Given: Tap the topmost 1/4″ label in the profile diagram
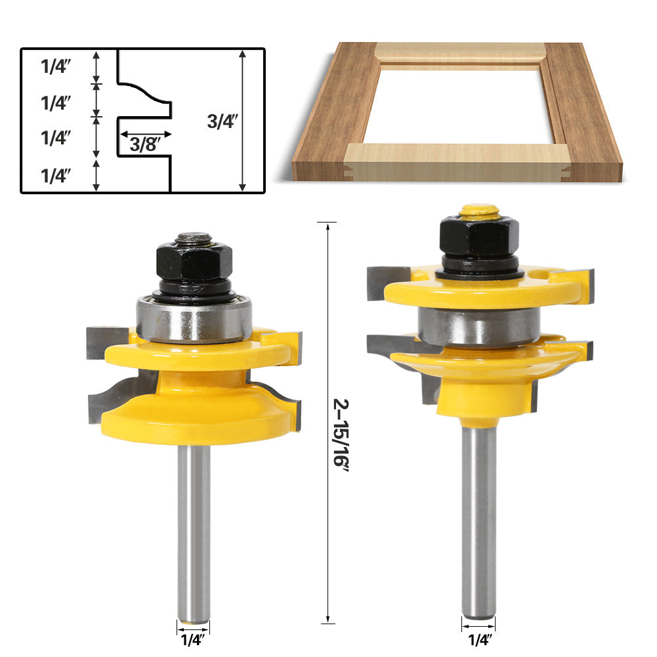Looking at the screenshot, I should tap(56, 66).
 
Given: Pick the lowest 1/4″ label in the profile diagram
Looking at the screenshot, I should tap(56, 176).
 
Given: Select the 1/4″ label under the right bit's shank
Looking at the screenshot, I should tap(478, 637).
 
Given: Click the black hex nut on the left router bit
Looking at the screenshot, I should tap(194, 262).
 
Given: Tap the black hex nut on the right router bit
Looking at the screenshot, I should tap(479, 236).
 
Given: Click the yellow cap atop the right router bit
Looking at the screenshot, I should tap(479, 211).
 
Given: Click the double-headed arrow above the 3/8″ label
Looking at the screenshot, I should tap(145, 133).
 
